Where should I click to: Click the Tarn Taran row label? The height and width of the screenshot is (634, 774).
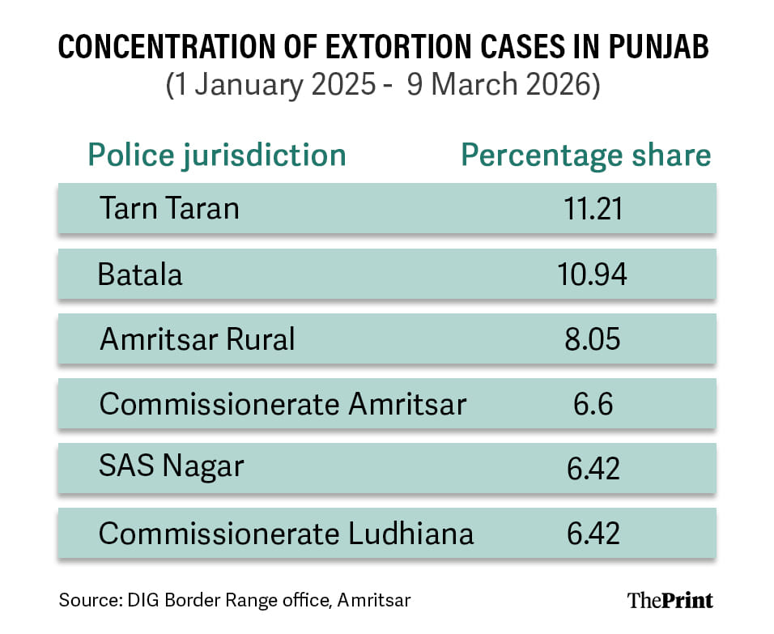169,208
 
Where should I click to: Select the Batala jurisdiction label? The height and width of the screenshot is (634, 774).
140,274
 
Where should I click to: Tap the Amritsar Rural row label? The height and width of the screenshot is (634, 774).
197,339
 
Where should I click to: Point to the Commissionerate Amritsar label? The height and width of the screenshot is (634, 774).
283,404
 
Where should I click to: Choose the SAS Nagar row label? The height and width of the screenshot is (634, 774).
171,468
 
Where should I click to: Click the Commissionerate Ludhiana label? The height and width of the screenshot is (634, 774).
286,534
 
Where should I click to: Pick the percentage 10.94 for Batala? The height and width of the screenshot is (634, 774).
592,274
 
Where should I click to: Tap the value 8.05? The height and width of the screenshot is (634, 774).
592,339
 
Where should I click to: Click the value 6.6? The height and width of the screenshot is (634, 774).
592,404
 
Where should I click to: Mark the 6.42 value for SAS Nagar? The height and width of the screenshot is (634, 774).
592,469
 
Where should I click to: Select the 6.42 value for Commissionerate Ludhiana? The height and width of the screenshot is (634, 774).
592,534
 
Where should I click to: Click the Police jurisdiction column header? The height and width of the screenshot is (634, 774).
217,155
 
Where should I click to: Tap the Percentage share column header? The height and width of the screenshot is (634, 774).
586,155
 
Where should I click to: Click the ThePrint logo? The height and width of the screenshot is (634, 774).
670,600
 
